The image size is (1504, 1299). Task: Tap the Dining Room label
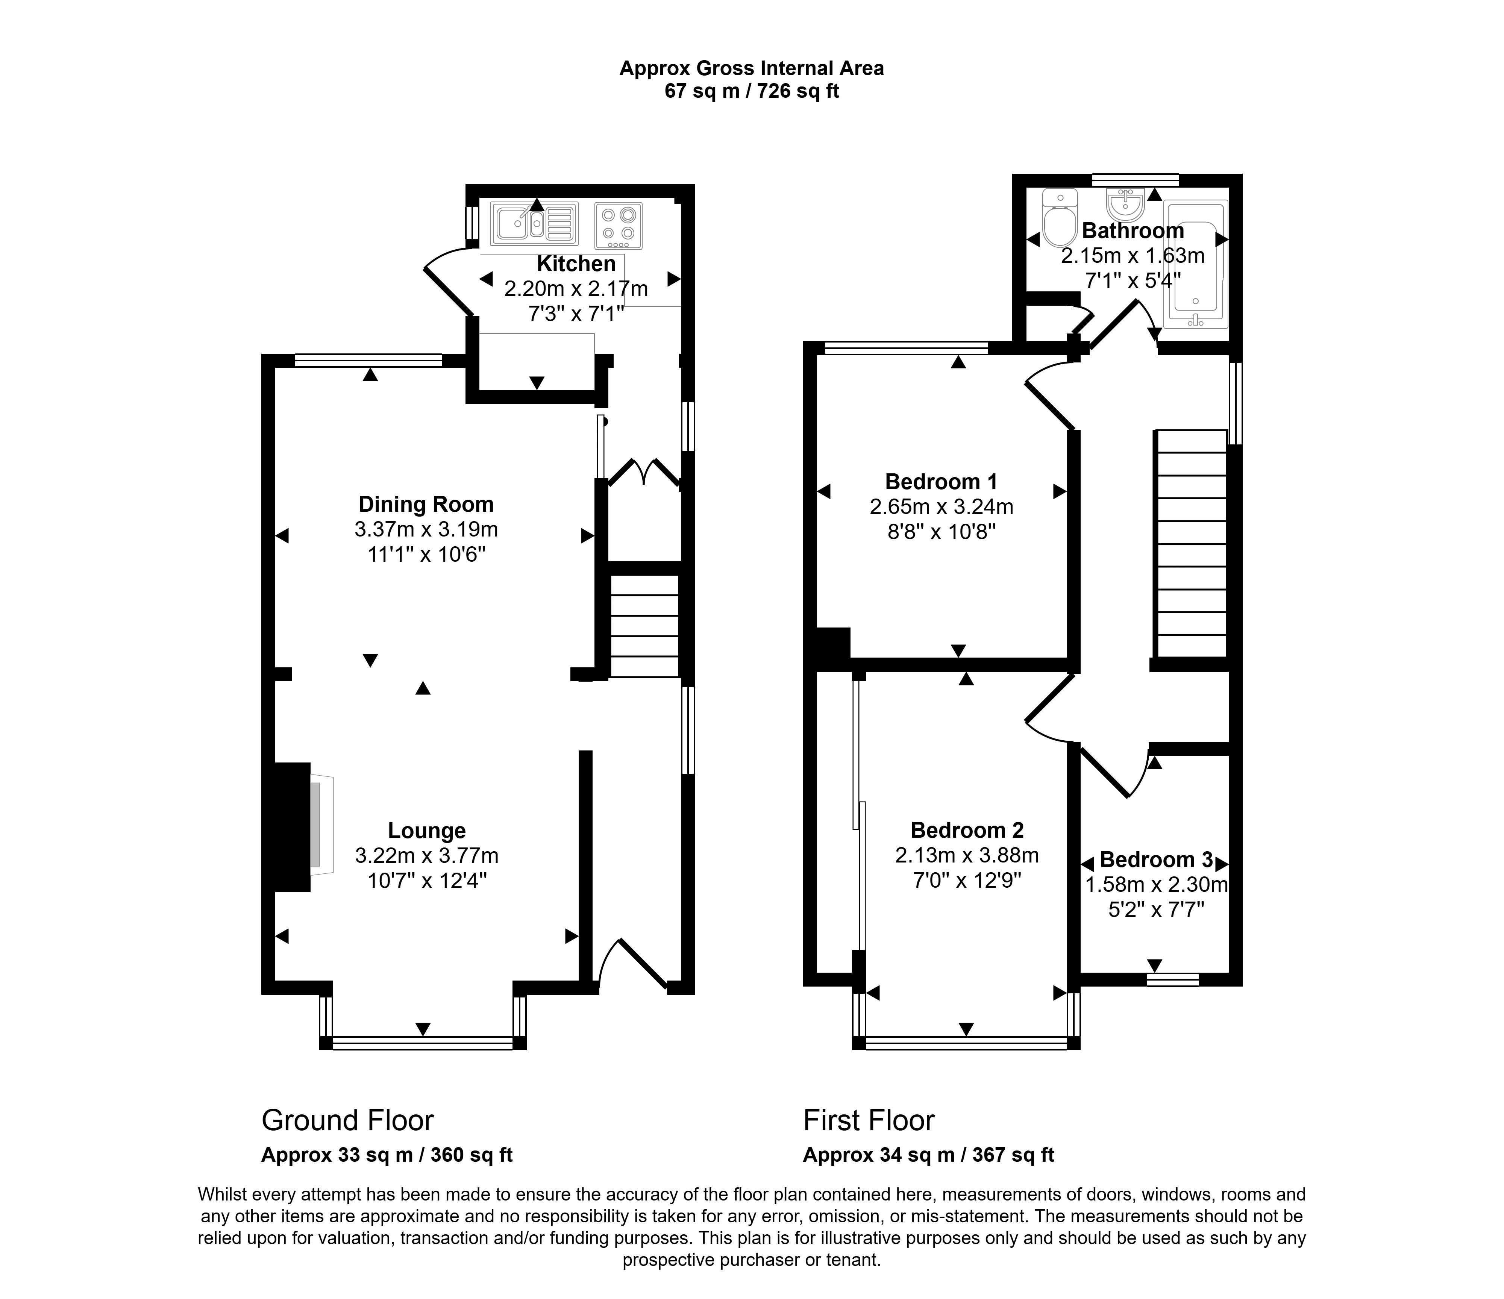coord(426,504)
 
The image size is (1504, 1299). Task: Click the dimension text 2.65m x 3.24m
coord(942,506)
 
